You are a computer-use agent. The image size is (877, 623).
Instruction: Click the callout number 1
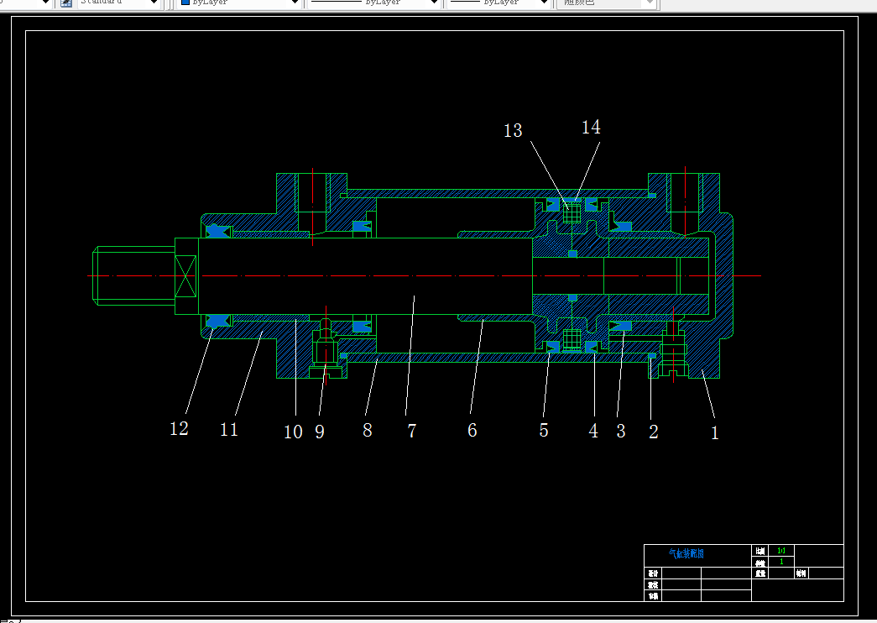click(x=715, y=433)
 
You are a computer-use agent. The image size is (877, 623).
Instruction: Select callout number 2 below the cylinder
click(x=654, y=432)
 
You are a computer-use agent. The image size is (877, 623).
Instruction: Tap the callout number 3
click(x=621, y=431)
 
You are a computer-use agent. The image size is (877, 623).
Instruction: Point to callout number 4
click(x=593, y=431)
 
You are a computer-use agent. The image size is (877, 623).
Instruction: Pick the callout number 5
click(x=544, y=431)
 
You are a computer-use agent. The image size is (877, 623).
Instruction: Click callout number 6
click(x=472, y=430)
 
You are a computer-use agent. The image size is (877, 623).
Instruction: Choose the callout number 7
click(x=411, y=431)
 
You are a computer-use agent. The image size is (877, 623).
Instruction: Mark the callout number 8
click(x=368, y=430)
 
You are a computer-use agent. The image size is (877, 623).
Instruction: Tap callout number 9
click(x=320, y=432)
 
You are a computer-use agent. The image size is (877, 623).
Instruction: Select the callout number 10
click(x=293, y=432)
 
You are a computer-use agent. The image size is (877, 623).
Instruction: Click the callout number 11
click(x=229, y=429)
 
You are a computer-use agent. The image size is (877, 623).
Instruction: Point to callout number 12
click(x=179, y=428)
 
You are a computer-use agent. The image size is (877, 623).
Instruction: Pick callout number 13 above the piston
click(x=513, y=130)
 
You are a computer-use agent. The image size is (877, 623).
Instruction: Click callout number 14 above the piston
click(x=591, y=127)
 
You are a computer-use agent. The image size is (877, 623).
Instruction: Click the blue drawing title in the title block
click(x=686, y=554)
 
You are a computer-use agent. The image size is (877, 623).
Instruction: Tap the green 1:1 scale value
click(x=781, y=551)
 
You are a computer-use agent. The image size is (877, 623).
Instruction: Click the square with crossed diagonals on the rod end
click(x=185, y=275)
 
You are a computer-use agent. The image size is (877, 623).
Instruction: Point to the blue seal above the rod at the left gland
click(x=218, y=231)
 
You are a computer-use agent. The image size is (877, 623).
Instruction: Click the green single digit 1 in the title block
click(x=781, y=562)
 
